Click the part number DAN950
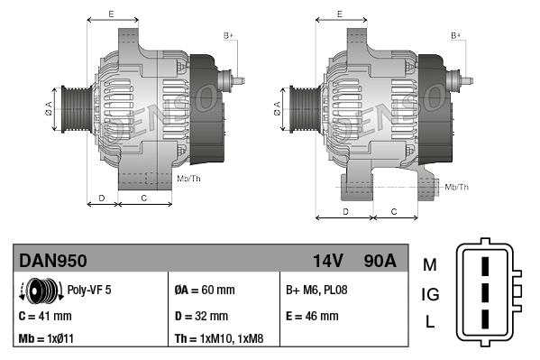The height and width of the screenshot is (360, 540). (53, 262)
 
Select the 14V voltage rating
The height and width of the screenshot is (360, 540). (327, 262)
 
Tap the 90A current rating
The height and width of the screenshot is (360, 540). (378, 262)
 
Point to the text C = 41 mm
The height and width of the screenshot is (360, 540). (45, 317)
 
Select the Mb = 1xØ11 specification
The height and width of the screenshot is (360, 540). (47, 340)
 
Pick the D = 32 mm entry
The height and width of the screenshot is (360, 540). (201, 317)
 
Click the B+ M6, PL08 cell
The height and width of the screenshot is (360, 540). (316, 291)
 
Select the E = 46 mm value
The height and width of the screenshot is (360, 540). (312, 317)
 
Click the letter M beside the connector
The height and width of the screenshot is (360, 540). (430, 264)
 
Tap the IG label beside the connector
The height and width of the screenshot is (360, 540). (430, 293)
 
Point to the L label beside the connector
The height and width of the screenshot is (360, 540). (430, 322)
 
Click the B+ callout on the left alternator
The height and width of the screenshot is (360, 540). (228, 35)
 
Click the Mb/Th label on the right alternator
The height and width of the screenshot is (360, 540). (457, 187)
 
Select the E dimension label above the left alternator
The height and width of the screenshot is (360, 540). (111, 14)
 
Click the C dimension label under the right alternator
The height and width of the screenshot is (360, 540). (394, 212)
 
